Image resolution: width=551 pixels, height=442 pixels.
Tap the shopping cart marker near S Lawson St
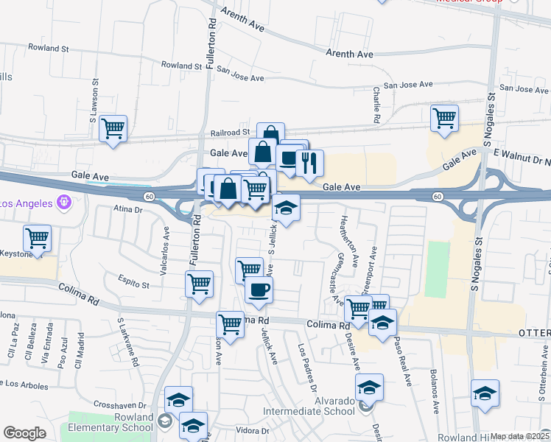pyautogui.click(x=113, y=129)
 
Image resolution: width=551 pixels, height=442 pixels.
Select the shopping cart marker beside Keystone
pyautogui.click(x=37, y=239)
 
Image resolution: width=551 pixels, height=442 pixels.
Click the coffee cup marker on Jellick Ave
pyautogui.click(x=259, y=290)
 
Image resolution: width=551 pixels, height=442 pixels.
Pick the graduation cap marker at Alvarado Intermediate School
pyautogui.click(x=370, y=387)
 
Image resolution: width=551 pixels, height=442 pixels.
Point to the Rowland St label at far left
pyautogui.click(x=48, y=48)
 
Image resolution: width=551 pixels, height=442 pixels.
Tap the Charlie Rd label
pyautogui.click(x=376, y=105)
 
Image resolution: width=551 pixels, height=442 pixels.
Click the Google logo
pyautogui.click(x=24, y=433)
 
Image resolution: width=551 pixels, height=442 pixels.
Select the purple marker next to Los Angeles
pyautogui.click(x=64, y=200)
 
